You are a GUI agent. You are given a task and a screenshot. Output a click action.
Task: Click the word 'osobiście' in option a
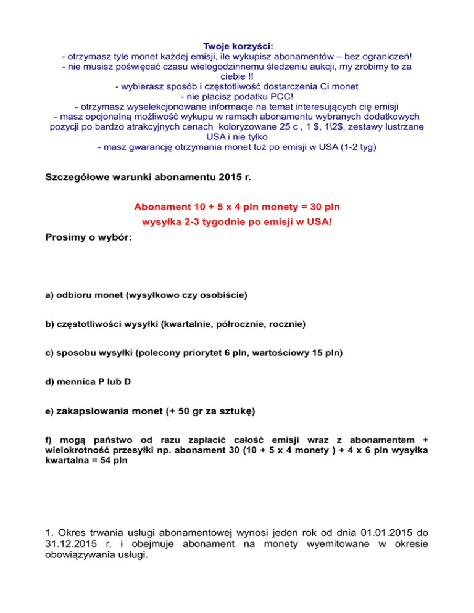click(x=225, y=295)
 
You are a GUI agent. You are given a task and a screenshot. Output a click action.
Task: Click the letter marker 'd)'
click(x=50, y=381)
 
